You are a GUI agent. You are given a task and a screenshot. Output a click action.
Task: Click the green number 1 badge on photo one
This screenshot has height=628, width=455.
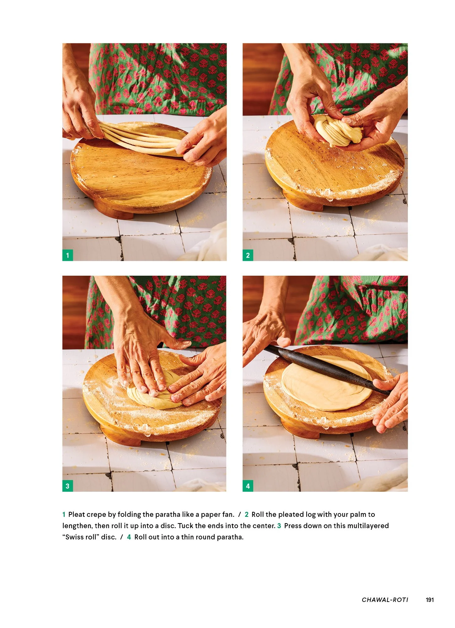click(x=67, y=255)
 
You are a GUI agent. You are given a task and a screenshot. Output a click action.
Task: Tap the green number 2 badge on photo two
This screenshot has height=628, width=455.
click(x=248, y=255)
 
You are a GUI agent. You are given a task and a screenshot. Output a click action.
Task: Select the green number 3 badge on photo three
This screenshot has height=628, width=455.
click(x=67, y=486)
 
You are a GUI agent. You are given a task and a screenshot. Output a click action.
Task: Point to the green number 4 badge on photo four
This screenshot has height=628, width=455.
click(x=248, y=486)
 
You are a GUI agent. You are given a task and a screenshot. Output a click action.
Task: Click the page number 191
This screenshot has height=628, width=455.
click(x=430, y=600)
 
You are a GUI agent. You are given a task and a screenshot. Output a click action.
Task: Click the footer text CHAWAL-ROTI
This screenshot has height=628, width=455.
click(x=385, y=600)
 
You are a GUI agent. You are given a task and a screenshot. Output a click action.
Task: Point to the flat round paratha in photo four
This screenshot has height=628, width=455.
click(x=323, y=389)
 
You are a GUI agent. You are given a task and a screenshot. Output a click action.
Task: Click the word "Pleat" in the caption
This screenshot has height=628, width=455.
click(x=77, y=515)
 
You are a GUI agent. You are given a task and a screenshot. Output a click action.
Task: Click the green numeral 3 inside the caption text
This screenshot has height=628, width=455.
click(x=279, y=526)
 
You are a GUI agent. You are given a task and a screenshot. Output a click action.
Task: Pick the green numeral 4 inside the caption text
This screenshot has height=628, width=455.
click(x=129, y=537)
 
